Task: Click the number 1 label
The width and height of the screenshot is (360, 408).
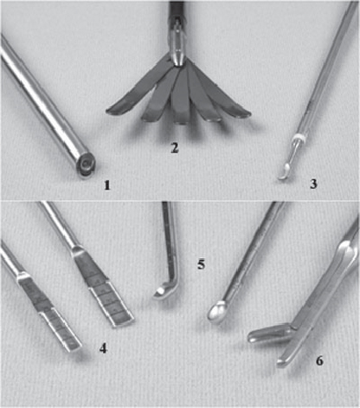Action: point(107,185)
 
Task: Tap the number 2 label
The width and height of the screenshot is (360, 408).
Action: point(174,147)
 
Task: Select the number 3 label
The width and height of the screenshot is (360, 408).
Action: point(313,184)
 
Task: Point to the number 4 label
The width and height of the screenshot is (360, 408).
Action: point(103,348)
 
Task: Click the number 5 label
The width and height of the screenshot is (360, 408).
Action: point(202,264)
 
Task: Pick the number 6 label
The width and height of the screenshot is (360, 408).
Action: point(319,360)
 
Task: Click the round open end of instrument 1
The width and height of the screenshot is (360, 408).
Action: point(86,165)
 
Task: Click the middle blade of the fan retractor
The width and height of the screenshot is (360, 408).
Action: point(180,97)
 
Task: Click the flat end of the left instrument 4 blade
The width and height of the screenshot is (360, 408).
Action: point(74,346)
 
